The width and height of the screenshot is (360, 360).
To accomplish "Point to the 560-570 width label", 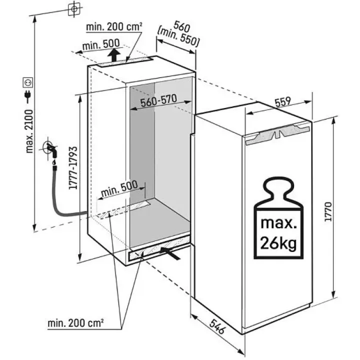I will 158,101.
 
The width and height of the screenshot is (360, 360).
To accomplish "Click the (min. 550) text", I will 178,37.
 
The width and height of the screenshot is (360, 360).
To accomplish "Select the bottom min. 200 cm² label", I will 76,323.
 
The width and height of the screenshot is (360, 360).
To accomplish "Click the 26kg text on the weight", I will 278,243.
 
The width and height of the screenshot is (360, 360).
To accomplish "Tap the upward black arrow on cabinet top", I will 114,54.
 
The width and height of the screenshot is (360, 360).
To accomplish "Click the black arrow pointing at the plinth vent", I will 171,253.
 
